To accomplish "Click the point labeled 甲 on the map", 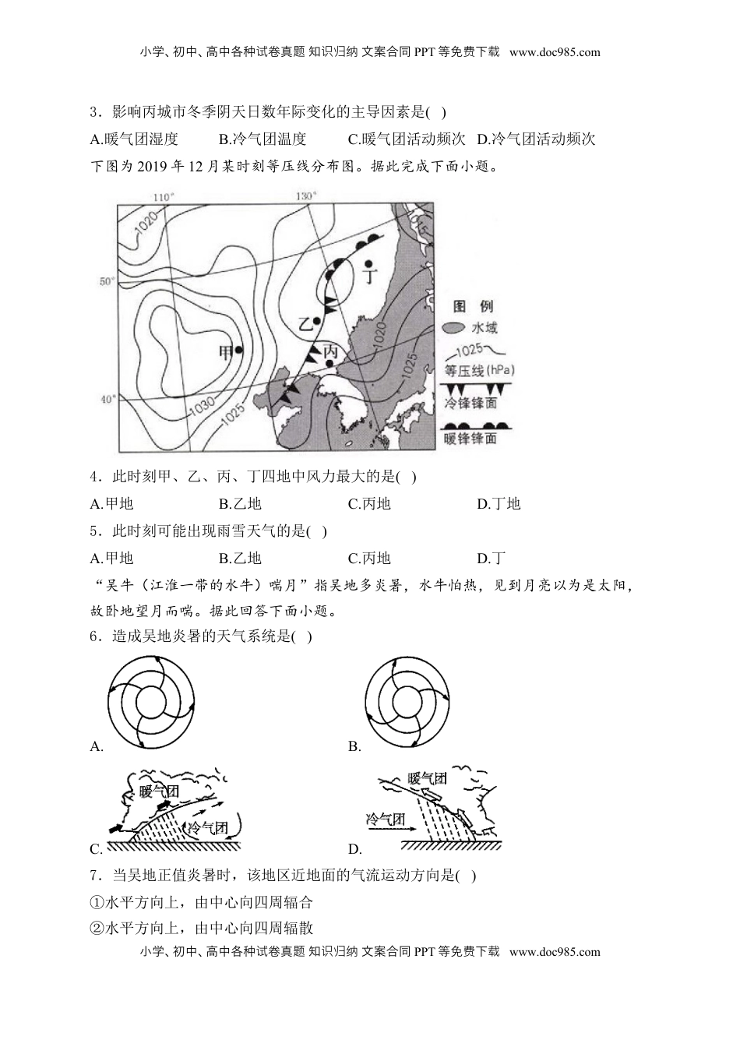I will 239,351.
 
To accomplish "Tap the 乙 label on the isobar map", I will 306,322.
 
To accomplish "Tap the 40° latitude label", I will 107,399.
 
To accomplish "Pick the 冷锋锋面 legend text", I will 470,403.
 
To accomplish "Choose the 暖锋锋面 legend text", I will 470,439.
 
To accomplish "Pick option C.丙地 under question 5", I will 369,558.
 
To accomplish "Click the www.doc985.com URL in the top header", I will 555,52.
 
